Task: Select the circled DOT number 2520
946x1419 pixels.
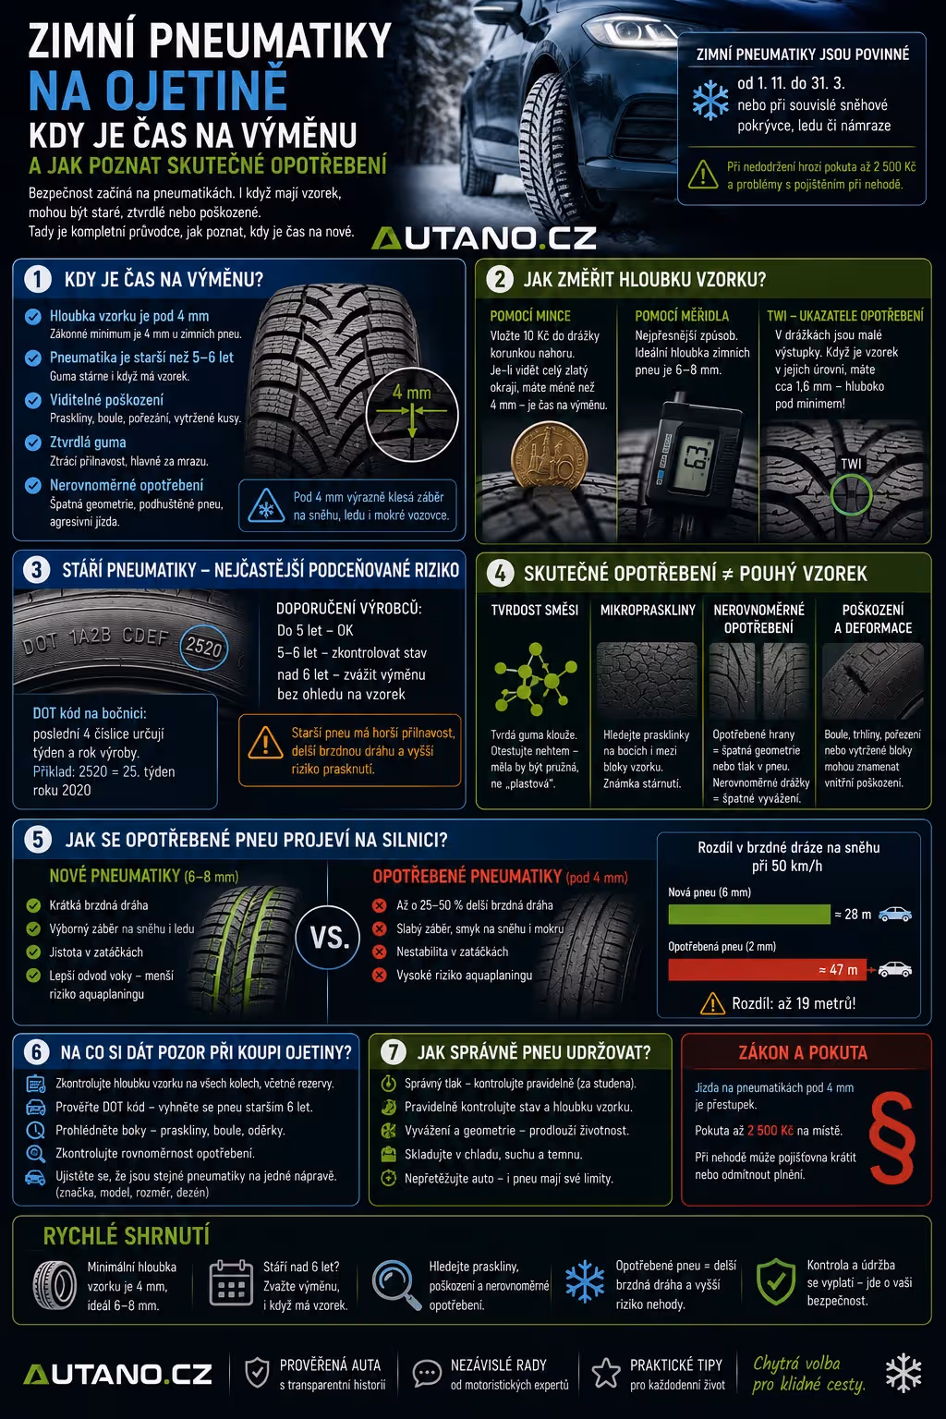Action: [x=203, y=647]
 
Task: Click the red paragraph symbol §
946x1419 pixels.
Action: [x=891, y=1137]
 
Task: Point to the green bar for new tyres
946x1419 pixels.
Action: [x=749, y=914]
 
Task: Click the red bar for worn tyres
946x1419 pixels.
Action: [x=768, y=969]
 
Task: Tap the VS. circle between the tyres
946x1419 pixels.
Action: [x=328, y=938]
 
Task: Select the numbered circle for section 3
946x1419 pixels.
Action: [x=37, y=569]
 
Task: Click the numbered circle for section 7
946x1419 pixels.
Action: [x=394, y=1052]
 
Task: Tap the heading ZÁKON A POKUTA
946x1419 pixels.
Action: [x=803, y=1053]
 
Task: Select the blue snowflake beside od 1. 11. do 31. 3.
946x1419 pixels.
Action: [x=710, y=100]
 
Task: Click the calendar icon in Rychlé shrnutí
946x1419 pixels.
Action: [x=231, y=1283]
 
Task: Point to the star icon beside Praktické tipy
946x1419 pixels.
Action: [x=606, y=1373]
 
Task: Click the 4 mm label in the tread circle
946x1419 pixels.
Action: [x=412, y=393]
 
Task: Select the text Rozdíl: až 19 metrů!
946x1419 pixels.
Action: [x=794, y=1003]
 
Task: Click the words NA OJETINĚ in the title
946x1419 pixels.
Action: [x=158, y=91]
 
